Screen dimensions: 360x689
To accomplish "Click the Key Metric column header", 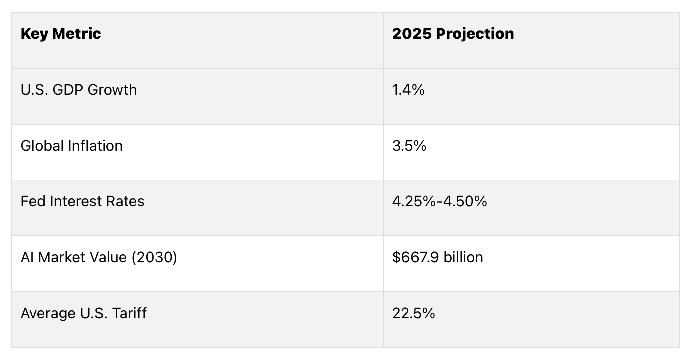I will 61,34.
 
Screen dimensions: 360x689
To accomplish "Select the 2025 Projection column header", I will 453,34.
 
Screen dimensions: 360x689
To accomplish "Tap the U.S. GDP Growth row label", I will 79,90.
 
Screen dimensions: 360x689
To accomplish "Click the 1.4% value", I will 408,90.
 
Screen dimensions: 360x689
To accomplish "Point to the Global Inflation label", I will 72,146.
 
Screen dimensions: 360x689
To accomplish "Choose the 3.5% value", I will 409,146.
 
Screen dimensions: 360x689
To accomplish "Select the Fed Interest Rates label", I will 82,201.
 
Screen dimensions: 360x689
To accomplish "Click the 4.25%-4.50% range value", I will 439,201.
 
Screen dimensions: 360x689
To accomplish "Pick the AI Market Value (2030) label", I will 99,257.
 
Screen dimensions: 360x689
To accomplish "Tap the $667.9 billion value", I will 437,257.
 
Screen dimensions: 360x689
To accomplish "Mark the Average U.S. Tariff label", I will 84,313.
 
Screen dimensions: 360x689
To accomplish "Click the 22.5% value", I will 413,313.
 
